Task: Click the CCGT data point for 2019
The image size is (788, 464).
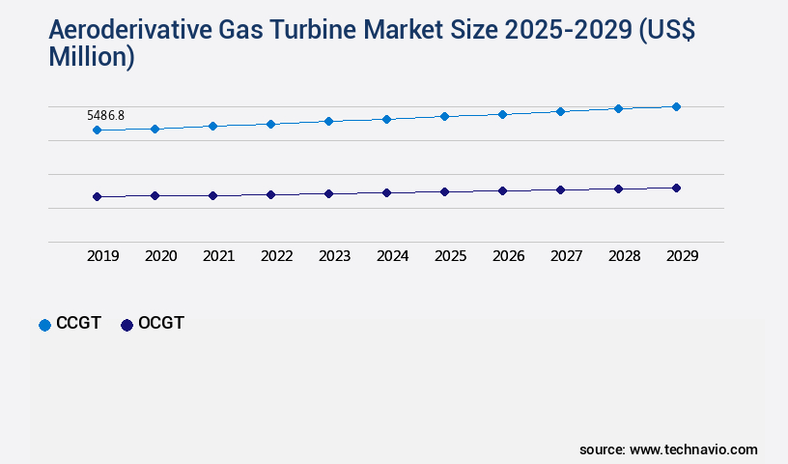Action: point(97,130)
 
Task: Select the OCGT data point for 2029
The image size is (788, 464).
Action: point(676,188)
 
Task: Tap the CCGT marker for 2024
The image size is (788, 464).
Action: point(386,119)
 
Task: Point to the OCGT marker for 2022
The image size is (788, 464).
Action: point(270,194)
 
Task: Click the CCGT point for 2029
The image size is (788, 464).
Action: point(676,106)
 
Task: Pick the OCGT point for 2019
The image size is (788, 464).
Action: point(97,196)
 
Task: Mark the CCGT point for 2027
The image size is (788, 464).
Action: point(560,111)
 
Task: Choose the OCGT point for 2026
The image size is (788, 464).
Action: point(502,190)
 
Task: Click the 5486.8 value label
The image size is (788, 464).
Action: point(105,115)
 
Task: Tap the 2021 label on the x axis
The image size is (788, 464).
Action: point(218,256)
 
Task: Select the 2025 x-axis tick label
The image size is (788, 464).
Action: point(450,256)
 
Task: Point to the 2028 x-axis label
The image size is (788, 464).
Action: point(624,256)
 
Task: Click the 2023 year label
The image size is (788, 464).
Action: point(334,256)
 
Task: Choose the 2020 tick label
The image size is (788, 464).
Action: point(160,256)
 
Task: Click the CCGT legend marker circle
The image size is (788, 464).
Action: point(44,325)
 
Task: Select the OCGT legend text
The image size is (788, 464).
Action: point(160,324)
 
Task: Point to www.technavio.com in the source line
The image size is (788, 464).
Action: point(693,449)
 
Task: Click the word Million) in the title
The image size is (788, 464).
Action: point(92,58)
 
